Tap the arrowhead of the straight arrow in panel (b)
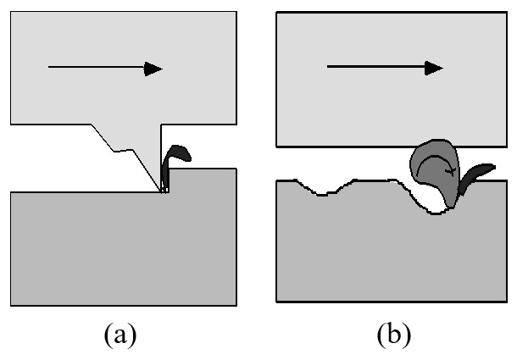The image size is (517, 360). tap(433, 68)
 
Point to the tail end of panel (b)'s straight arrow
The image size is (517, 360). tap(328, 68)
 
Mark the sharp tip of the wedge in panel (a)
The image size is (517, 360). tap(164, 191)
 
